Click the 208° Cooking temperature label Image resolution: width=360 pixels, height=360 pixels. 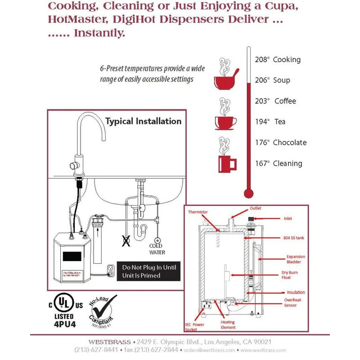click(x=283, y=59)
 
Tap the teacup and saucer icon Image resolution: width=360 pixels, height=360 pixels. click(x=226, y=119)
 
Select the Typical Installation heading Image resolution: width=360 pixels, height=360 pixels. click(x=143, y=121)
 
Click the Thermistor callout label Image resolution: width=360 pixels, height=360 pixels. click(x=198, y=211)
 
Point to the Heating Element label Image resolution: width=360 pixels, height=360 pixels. click(x=228, y=325)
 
